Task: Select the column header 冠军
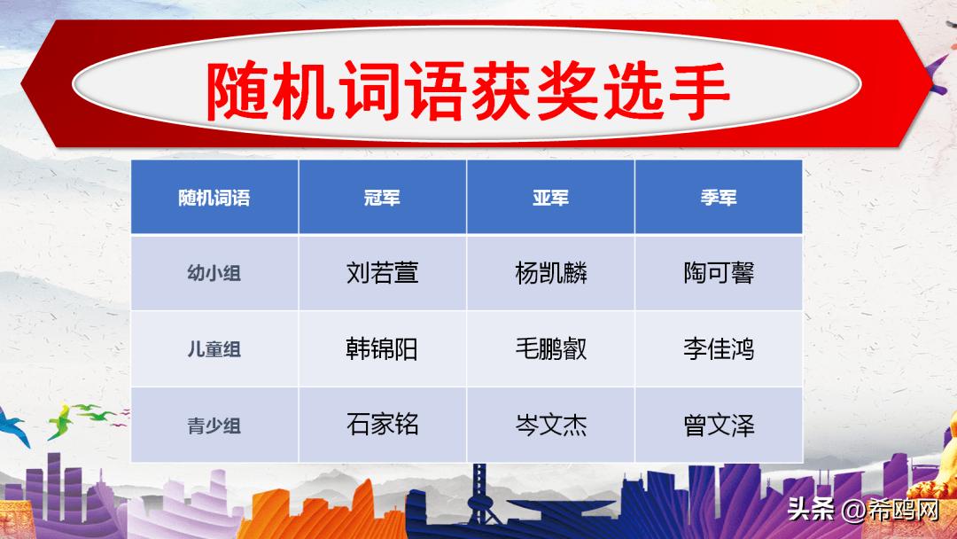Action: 382,197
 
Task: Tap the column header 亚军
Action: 550,197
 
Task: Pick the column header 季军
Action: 719,197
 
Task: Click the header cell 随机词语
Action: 214,197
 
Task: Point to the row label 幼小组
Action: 214,273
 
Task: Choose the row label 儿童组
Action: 214,349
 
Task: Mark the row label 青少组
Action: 214,426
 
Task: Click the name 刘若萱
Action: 382,272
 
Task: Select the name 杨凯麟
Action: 550,272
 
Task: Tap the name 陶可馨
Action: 719,272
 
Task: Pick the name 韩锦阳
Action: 382,348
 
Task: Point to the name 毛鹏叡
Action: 550,348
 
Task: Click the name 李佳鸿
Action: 719,348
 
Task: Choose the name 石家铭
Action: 382,425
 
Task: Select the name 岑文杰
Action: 550,425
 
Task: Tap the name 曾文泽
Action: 719,425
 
